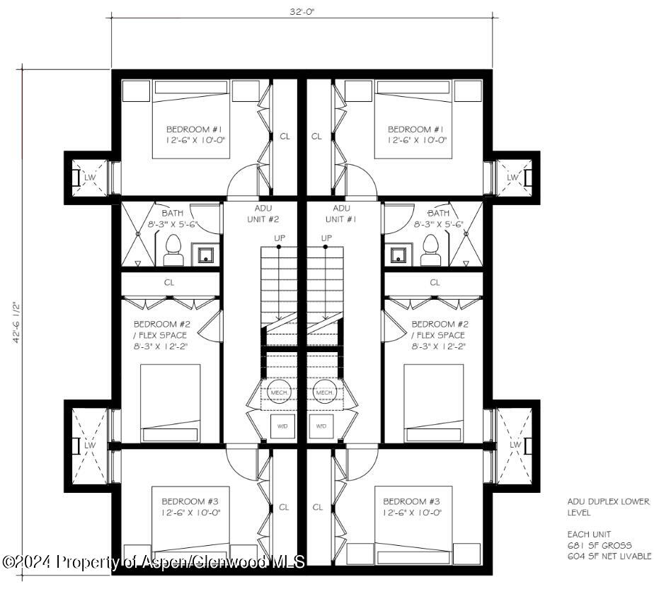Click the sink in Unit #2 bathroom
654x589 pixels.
tap(206, 254)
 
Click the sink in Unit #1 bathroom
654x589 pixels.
tap(398, 254)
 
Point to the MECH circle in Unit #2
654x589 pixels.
tap(277, 392)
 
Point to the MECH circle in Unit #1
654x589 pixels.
tap(325, 392)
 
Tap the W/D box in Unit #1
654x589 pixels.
tap(322, 426)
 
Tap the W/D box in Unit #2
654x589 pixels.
tap(282, 426)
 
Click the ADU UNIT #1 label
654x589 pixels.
tap(341, 214)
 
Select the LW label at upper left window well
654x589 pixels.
tap(90, 177)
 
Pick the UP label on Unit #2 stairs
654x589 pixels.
tap(279, 238)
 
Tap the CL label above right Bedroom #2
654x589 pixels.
tap(435, 282)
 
